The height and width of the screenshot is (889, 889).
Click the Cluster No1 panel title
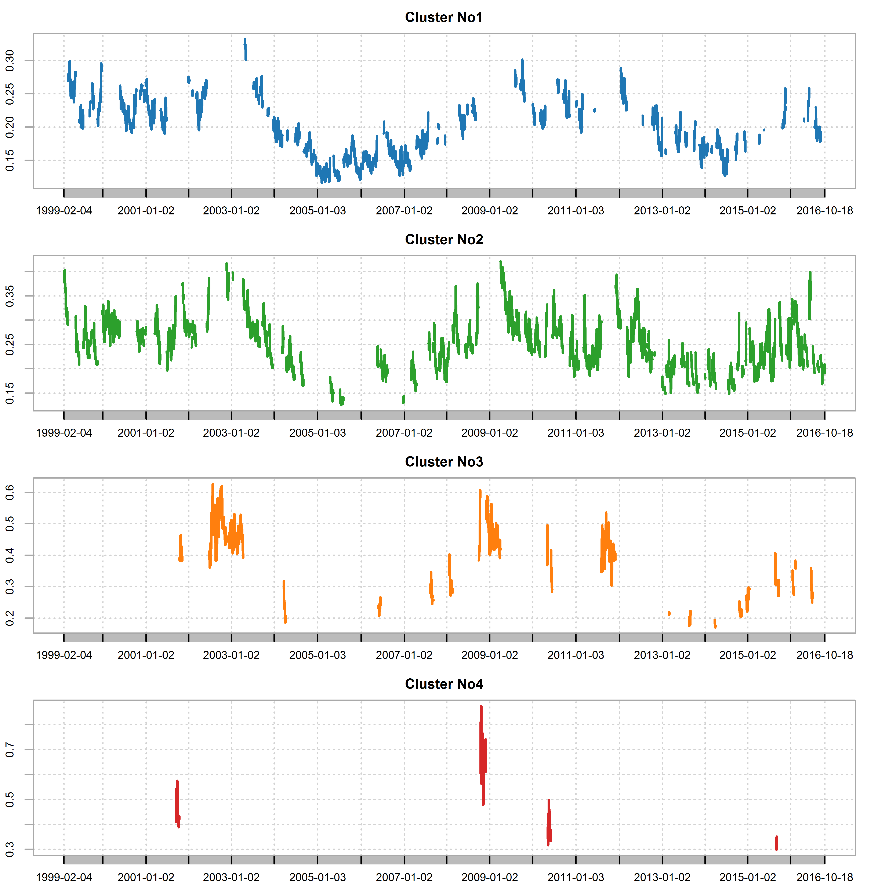click(444, 18)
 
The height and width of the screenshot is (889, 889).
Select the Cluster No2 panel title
click(444, 240)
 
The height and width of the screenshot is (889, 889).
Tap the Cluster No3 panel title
click(444, 462)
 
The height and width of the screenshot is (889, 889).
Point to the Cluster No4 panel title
click(444, 684)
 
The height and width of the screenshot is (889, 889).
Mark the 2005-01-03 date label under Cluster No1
click(317, 211)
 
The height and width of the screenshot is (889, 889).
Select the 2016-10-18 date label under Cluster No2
click(825, 433)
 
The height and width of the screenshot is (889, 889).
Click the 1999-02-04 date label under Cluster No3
click(64, 655)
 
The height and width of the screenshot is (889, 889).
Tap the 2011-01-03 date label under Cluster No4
click(576, 878)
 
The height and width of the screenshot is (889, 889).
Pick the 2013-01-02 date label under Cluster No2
click(662, 433)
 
